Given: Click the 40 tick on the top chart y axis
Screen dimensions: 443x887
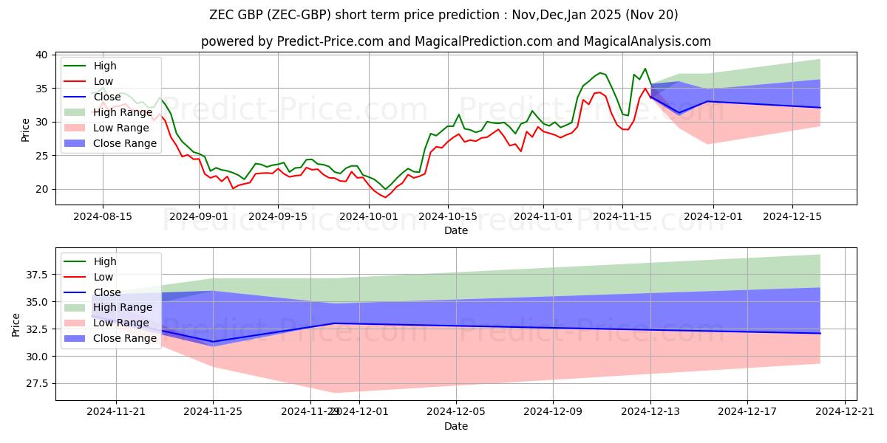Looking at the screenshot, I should click(41, 55).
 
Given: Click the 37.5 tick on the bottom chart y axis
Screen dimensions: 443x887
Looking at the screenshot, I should click(35, 275).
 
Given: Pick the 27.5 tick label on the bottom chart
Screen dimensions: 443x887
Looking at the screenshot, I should click(35, 383).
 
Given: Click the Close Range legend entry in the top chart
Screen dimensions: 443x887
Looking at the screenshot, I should click(125, 143).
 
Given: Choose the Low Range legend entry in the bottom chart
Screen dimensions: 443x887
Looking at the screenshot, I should click(122, 323).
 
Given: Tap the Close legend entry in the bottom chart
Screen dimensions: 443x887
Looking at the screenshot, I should click(108, 292).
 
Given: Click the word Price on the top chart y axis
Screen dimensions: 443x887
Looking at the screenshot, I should click(26, 129).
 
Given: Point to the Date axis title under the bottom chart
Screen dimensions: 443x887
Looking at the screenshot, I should click(456, 426).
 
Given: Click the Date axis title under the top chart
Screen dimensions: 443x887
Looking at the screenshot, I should click(456, 230).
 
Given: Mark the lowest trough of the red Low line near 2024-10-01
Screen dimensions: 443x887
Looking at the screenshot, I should click(385, 197).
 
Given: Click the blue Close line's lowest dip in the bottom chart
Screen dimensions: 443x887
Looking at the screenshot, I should click(214, 342).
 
